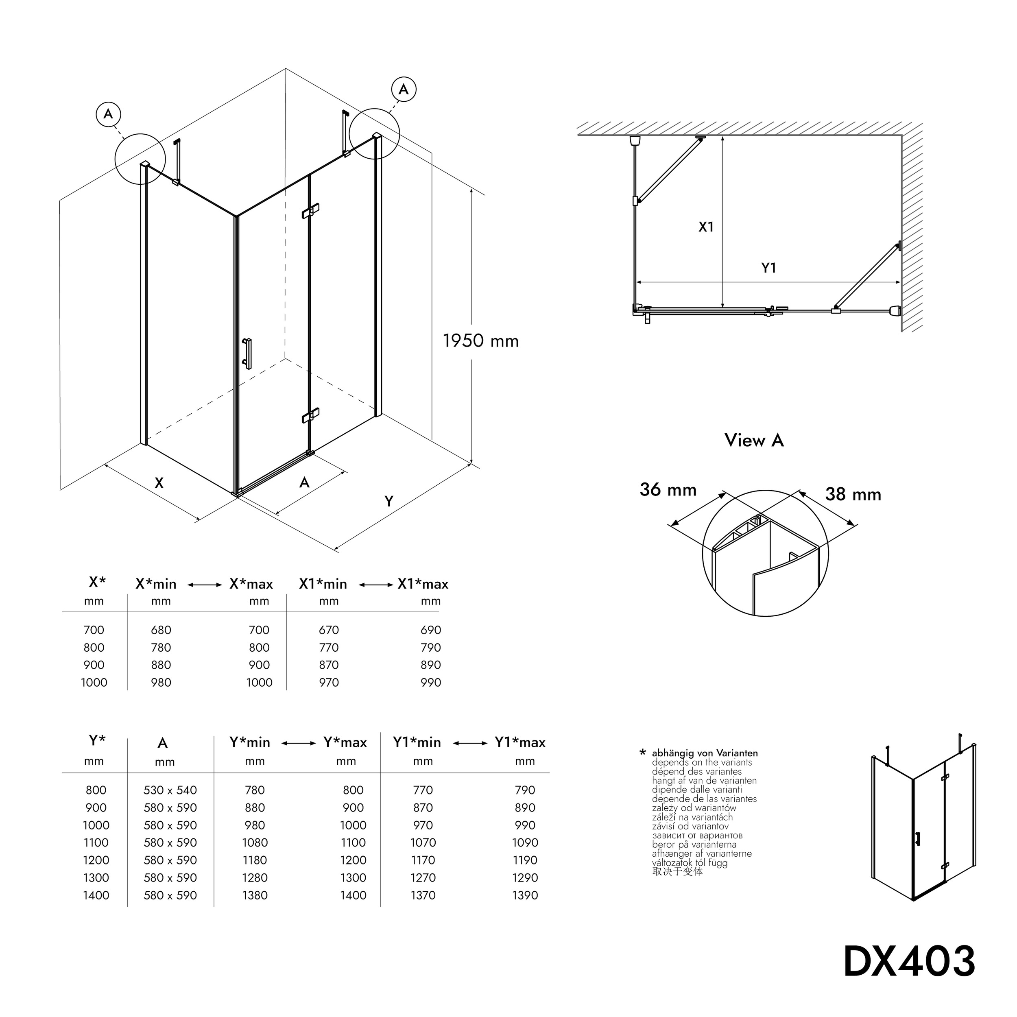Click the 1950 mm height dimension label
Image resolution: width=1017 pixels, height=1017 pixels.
480,341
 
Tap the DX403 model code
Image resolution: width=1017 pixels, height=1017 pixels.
910,961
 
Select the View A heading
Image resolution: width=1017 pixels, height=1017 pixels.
754,440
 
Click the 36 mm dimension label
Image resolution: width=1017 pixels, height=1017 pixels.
668,489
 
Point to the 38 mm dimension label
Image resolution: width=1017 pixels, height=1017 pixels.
853,494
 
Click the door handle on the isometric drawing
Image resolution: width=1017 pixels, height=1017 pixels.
247,353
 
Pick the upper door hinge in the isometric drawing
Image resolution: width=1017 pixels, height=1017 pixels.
310,211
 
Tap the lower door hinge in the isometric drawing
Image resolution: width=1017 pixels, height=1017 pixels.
310,415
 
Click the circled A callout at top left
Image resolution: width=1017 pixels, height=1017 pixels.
109,114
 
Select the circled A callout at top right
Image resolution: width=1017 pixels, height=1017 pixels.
403,89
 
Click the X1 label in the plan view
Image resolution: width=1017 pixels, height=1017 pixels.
706,227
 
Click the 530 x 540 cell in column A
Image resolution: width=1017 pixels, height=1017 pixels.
170,790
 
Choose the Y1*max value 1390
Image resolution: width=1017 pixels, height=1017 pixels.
525,895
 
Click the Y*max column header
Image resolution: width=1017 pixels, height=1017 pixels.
345,742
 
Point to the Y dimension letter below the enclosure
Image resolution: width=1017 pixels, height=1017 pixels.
388,501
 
